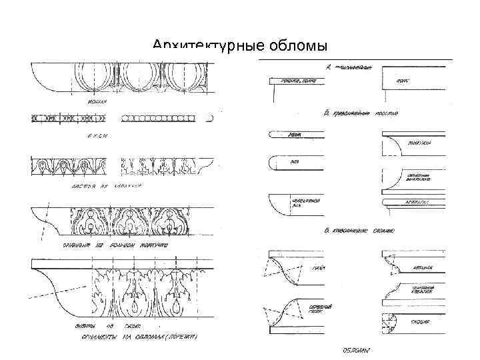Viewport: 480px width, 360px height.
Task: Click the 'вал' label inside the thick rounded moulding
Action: pos(293,162)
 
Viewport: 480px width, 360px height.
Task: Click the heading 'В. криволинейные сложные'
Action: pos(359,231)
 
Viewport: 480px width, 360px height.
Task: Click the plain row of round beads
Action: pos(159,118)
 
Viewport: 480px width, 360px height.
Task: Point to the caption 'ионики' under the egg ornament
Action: pos(99,102)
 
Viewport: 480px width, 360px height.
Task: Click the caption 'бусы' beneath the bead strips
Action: pos(98,135)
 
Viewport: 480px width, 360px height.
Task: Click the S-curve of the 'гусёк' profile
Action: pos(286,269)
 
